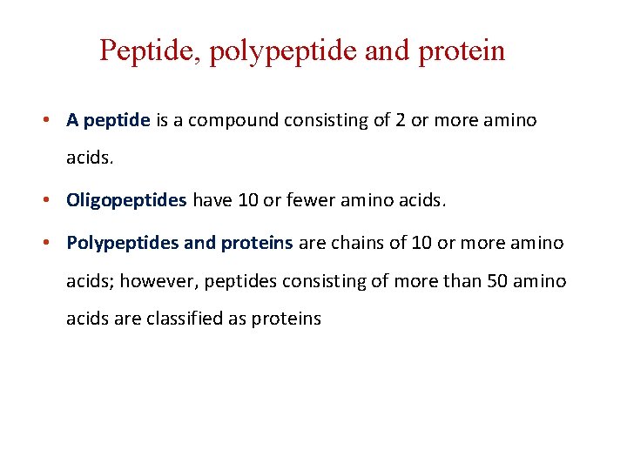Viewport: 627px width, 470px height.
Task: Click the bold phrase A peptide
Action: tap(109, 121)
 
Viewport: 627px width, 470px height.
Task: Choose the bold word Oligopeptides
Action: tap(126, 201)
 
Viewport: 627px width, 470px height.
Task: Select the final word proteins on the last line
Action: tap(286, 319)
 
